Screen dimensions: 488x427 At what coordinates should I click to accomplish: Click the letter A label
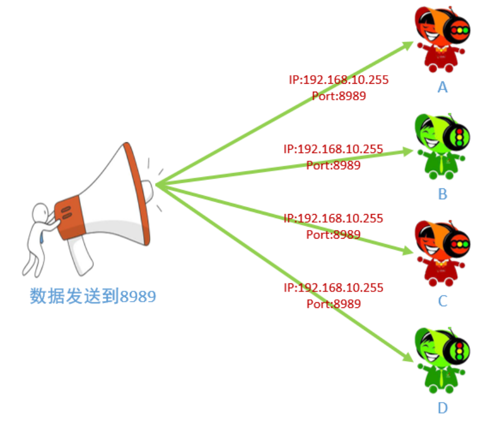[x=442, y=87]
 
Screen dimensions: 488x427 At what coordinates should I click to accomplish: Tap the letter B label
[x=442, y=194]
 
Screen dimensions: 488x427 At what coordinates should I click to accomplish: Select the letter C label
[x=442, y=301]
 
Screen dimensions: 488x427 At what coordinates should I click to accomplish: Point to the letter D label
[x=442, y=408]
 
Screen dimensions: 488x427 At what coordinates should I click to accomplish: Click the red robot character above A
[x=442, y=40]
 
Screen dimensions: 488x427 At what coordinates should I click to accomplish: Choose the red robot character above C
[x=442, y=253]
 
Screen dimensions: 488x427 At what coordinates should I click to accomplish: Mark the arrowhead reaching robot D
[x=411, y=359]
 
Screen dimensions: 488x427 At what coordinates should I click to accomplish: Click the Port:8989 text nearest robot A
[x=339, y=96]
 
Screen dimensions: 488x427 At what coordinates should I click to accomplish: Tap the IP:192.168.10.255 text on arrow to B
[x=333, y=149]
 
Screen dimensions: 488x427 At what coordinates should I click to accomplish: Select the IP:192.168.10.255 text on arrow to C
[x=333, y=219]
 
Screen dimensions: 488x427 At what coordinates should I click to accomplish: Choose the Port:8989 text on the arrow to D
[x=334, y=303]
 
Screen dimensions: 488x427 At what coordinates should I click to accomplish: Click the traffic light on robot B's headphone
[x=459, y=137]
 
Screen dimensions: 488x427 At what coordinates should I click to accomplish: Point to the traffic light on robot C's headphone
[x=459, y=244]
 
